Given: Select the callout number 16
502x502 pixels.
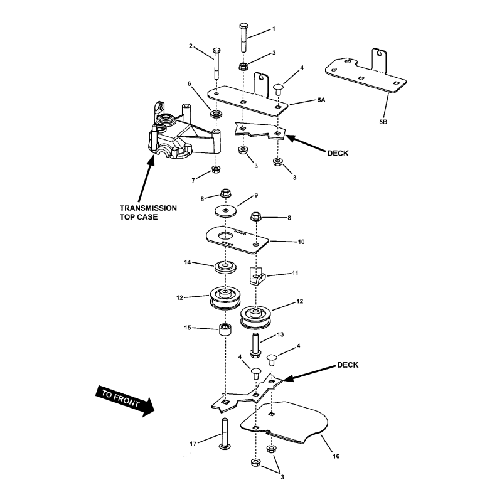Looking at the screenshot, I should (336, 456).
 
